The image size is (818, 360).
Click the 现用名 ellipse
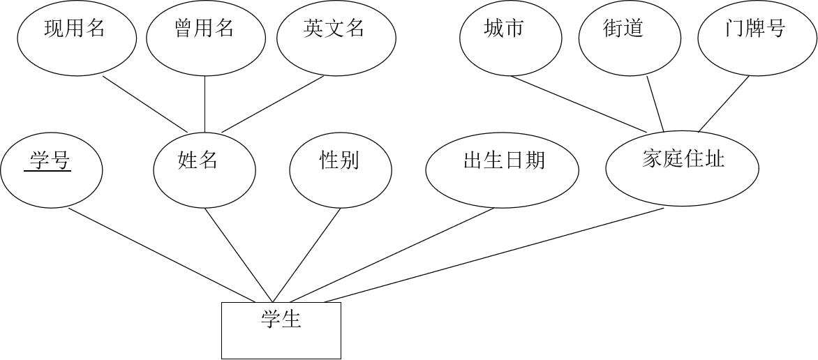click(77, 38)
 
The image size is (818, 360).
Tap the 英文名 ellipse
click(336, 38)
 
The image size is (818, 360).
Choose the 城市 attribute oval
click(511, 39)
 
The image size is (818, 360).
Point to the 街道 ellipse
click(630, 39)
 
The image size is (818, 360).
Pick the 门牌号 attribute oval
click(757, 39)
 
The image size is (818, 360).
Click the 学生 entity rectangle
click(281, 330)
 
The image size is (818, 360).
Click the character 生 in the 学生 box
click(292, 320)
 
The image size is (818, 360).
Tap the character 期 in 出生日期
click(534, 161)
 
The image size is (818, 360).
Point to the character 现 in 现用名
click(54, 29)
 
